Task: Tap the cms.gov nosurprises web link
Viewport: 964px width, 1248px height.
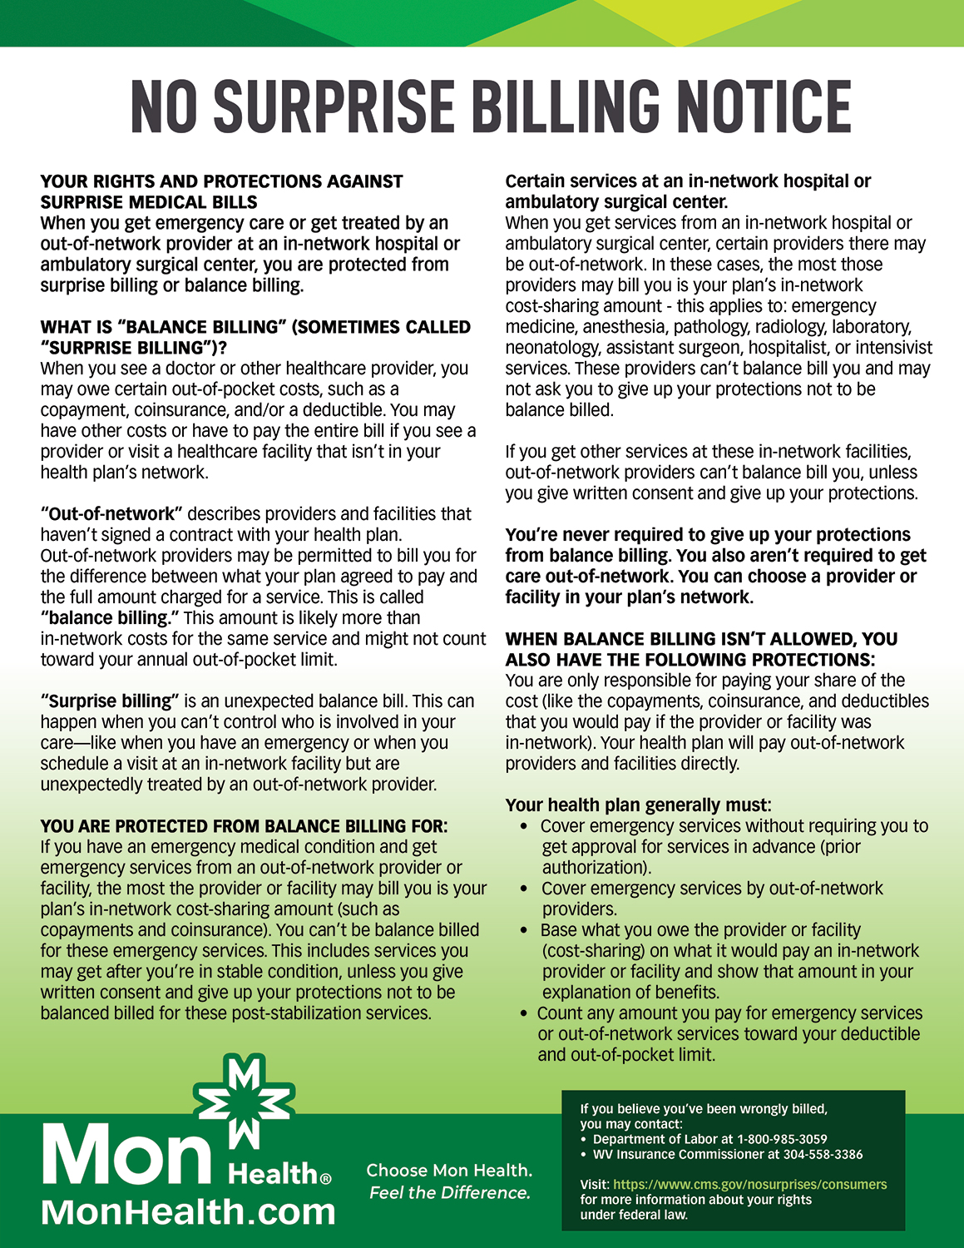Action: click(x=749, y=1184)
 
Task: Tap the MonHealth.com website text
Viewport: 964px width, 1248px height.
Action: click(x=188, y=1211)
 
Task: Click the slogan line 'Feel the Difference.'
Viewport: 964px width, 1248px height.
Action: click(x=449, y=1192)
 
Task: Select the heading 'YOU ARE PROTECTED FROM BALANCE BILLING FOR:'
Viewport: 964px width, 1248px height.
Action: click(x=244, y=826)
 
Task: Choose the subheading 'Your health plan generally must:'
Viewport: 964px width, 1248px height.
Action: click(x=638, y=805)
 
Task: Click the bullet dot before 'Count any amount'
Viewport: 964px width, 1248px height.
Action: click(x=524, y=1014)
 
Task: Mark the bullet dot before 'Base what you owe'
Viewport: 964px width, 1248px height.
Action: click(x=524, y=931)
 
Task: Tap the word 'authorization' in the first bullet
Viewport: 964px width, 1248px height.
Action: click(x=596, y=868)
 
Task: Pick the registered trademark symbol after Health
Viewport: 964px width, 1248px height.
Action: click(x=326, y=1179)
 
